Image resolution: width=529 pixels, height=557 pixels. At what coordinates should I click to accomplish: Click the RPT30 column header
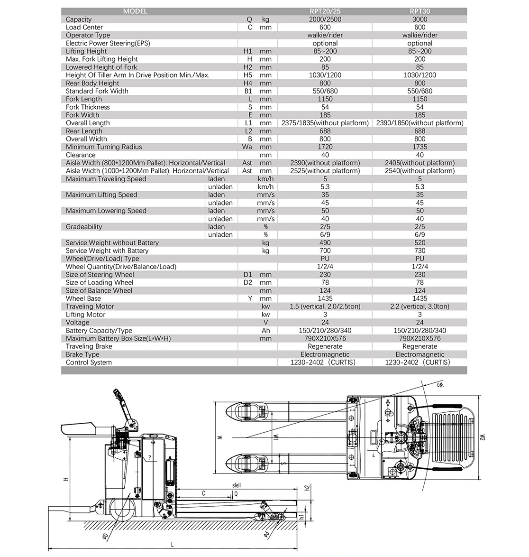[420, 11]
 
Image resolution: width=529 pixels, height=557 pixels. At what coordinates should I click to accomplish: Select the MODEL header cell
[135, 11]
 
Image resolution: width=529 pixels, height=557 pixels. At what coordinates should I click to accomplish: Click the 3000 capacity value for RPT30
[420, 19]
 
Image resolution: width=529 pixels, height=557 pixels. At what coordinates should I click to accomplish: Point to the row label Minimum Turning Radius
[104, 147]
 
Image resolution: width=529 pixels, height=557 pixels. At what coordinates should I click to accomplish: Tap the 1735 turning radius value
[420, 147]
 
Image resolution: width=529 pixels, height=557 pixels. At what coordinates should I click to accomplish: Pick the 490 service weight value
[325, 243]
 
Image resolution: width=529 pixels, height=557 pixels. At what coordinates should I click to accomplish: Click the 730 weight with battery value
[420, 251]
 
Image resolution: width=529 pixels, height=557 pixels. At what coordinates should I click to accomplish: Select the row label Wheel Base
[83, 298]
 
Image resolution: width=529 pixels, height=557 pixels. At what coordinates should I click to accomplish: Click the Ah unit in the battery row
[265, 331]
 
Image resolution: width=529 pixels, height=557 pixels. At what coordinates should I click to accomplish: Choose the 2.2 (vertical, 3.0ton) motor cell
[420, 306]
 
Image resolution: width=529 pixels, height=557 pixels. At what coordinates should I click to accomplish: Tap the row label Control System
[89, 362]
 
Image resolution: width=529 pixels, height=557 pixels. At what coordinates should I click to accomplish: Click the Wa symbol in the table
[247, 147]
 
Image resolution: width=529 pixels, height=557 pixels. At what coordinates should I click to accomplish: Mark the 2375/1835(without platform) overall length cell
[325, 123]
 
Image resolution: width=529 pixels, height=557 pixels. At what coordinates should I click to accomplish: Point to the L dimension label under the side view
[172, 545]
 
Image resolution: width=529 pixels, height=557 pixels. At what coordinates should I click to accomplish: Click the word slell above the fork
[237, 485]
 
